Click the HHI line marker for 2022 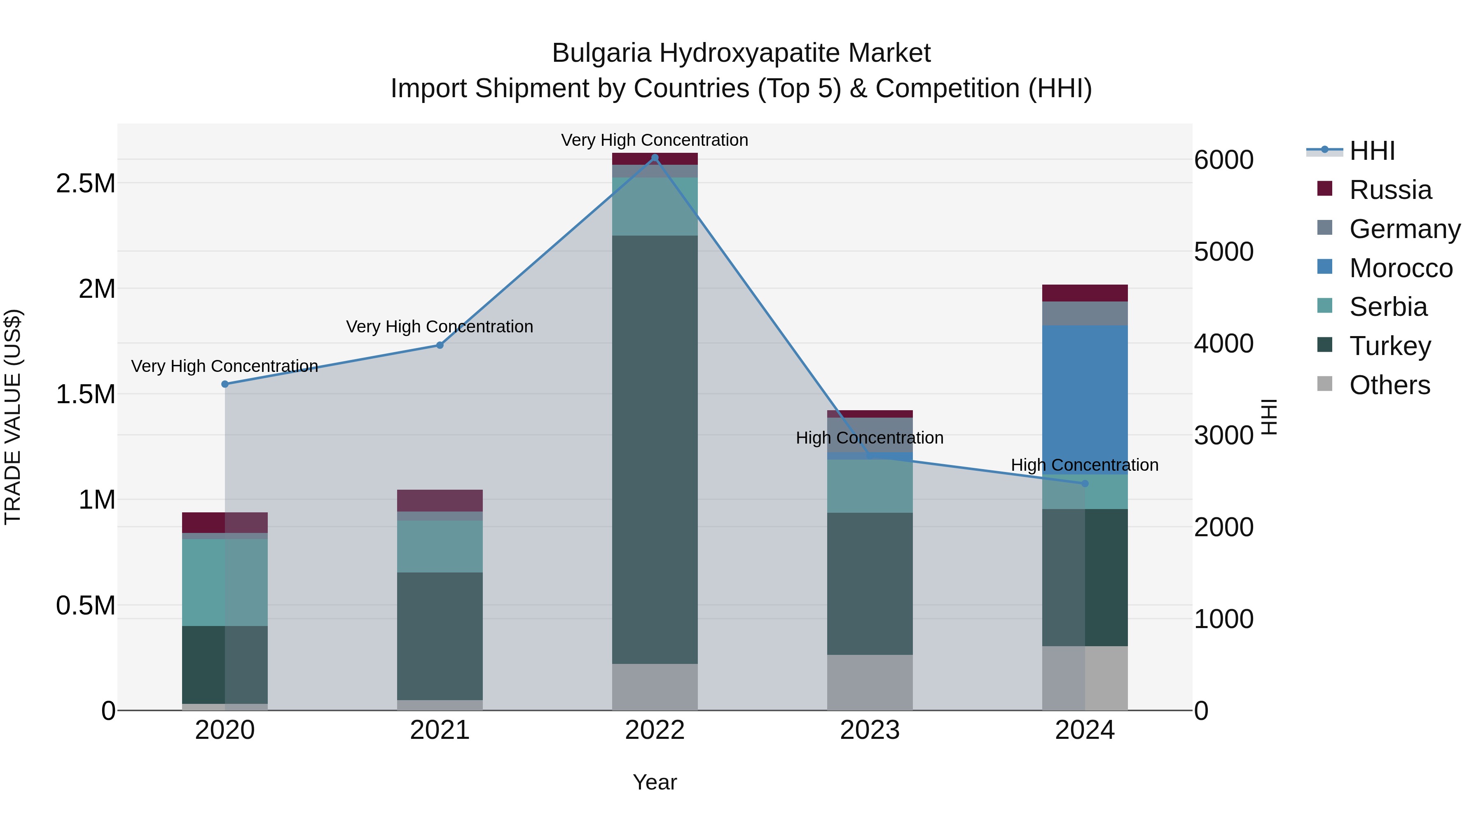pos(655,158)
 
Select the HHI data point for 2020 pos(225,384)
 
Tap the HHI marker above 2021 pos(440,346)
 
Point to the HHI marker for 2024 pos(1085,484)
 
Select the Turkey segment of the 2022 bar pos(655,449)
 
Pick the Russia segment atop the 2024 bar pos(1085,293)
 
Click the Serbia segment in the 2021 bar pos(440,546)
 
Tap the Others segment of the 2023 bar pos(870,682)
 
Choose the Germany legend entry pos(1404,229)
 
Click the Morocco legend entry pos(1400,268)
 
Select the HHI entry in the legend pos(1371,151)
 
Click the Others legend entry pos(1389,385)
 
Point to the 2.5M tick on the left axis pos(86,184)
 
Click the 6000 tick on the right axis pos(1223,160)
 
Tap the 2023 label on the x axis pos(870,730)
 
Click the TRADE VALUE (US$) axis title pos(13,417)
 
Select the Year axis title pos(655,782)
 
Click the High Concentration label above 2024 pos(1085,465)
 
